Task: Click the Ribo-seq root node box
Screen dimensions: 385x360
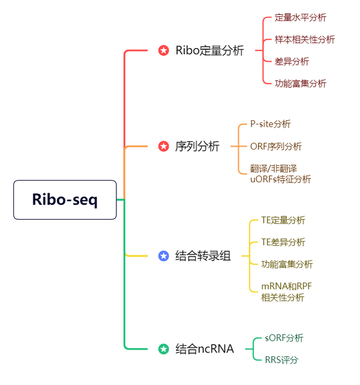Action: pyautogui.click(x=65, y=199)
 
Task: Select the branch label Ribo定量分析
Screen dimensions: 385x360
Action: pyautogui.click(x=209, y=50)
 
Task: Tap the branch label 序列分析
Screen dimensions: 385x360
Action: pyautogui.click(x=197, y=146)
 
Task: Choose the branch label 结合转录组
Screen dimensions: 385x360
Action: pyautogui.click(x=203, y=256)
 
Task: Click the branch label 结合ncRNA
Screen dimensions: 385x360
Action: pyautogui.click(x=204, y=348)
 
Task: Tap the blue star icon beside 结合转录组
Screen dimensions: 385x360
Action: pyautogui.click(x=163, y=256)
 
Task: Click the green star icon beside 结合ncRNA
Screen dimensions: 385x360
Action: pyautogui.click(x=163, y=348)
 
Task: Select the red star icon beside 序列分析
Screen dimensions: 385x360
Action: pyautogui.click(x=163, y=146)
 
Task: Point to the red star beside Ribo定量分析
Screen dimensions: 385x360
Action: pyautogui.click(x=163, y=50)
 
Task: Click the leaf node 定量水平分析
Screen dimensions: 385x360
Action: pyautogui.click(x=300, y=18)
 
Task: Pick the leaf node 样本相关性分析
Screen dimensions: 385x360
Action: pyautogui.click(x=304, y=40)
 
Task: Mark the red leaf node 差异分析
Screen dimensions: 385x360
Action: pyautogui.click(x=292, y=61)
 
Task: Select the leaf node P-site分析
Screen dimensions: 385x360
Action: pyautogui.click(x=270, y=124)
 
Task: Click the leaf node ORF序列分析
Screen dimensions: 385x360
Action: pyautogui.click(x=275, y=146)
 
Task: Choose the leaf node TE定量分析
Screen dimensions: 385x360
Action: pyautogui.click(x=283, y=220)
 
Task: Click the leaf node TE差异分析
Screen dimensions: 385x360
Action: pyautogui.click(x=283, y=242)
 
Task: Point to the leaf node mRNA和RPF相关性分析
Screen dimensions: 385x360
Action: pyautogui.click(x=287, y=291)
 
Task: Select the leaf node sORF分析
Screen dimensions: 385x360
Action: pyautogui.click(x=284, y=338)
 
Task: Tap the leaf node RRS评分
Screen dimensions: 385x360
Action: pyautogui.click(x=281, y=360)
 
